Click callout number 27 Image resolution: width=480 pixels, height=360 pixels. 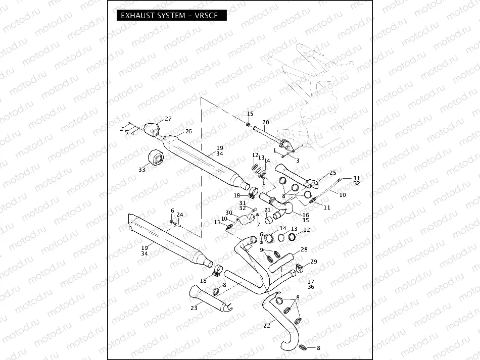point(168,119)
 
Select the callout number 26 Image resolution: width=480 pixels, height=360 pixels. point(188,131)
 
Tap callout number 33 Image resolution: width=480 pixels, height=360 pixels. point(141,170)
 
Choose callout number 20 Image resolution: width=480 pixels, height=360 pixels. point(266,123)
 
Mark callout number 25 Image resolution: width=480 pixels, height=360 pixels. point(332,173)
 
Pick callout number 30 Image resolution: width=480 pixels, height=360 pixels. point(228,213)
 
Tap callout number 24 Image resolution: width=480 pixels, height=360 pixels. point(180,214)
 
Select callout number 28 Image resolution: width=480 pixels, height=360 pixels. point(304,249)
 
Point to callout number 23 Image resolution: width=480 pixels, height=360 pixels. point(194,307)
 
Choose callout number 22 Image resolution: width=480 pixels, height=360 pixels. point(266,325)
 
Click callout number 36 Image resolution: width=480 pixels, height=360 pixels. point(311,287)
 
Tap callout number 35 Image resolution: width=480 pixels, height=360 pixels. point(305,220)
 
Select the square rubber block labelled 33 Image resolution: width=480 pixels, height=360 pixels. point(154,158)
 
